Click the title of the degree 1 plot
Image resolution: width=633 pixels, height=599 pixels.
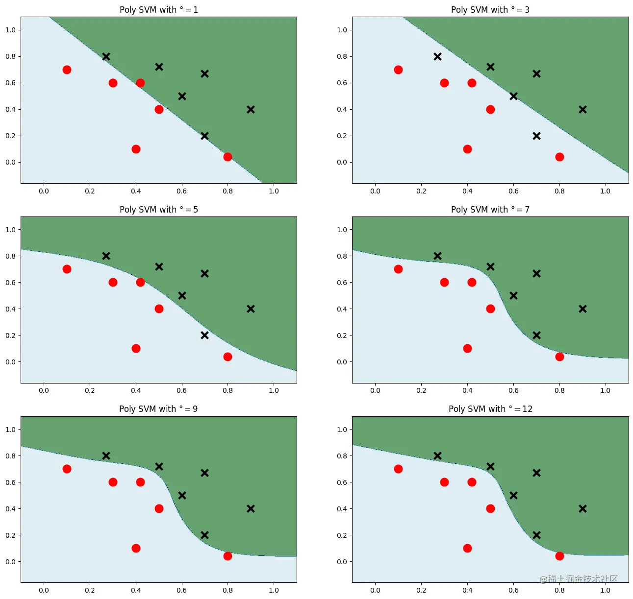pos(159,10)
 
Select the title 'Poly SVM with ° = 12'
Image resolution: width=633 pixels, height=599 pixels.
pos(490,409)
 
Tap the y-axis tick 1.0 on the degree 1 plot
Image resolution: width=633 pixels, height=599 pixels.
pos(10,30)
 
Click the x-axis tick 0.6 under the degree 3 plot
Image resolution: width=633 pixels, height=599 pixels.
pos(513,191)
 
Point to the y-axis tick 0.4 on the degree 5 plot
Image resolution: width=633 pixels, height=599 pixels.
pos(10,309)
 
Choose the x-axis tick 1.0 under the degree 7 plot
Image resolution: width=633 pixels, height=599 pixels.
pos(605,390)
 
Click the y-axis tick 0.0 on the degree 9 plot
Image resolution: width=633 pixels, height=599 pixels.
pos(10,562)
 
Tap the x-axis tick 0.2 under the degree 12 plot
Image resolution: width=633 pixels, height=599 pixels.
pos(421,590)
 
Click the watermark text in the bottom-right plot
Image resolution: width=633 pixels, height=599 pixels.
pos(579,579)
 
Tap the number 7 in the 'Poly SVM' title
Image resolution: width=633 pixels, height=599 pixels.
pos(527,210)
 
